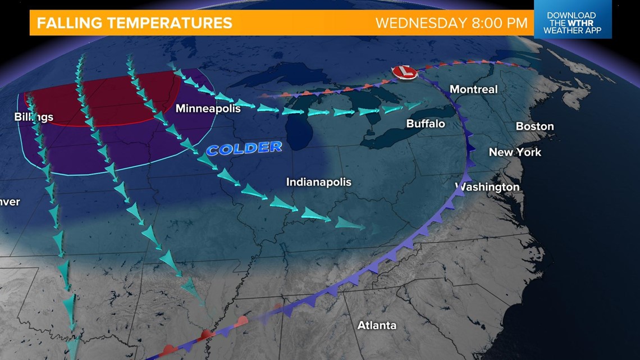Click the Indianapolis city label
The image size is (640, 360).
318,182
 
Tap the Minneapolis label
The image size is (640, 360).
208,108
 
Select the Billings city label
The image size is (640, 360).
34,117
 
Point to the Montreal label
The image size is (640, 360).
473,89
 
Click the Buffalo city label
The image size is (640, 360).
426,124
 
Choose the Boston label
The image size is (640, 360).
534,126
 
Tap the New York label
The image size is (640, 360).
515,152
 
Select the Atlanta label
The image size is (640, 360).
377,325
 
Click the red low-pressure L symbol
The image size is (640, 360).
403,71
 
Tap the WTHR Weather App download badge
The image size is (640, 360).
572,23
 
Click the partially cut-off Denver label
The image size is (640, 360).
10,202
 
